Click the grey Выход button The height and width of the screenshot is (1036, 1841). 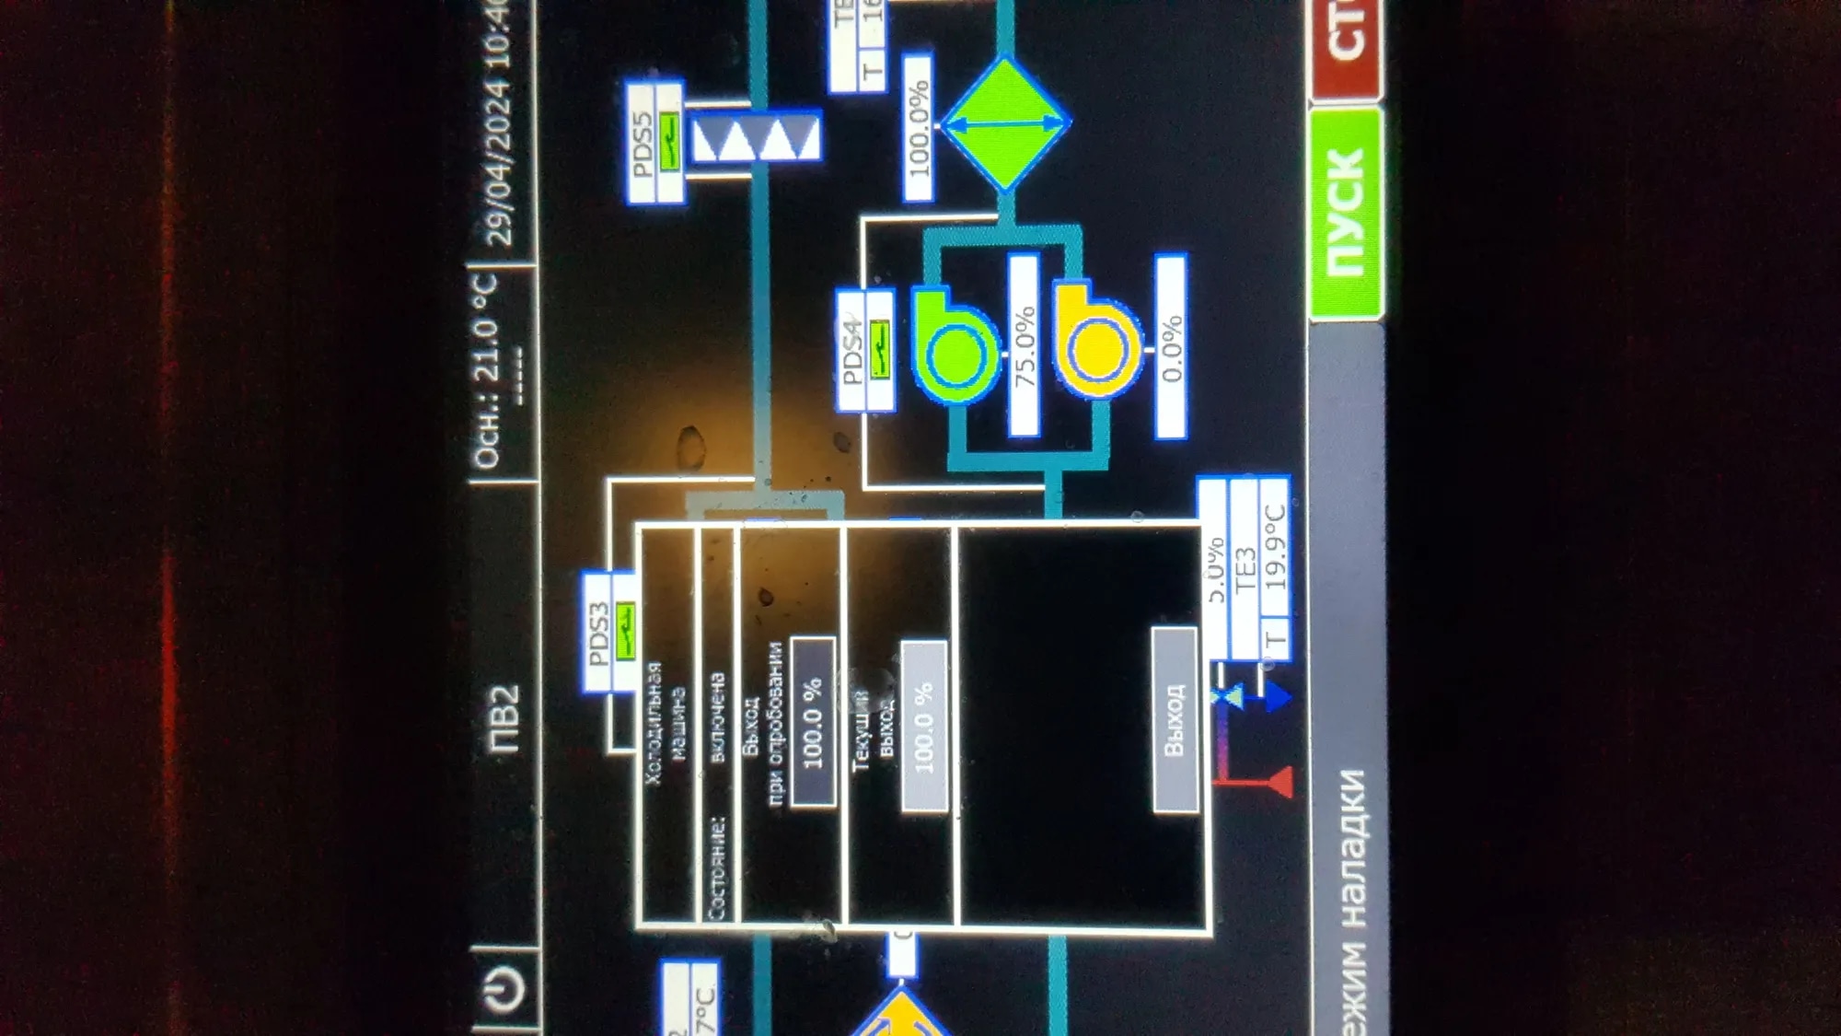coord(1175,719)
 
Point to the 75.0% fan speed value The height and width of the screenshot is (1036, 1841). coord(1025,344)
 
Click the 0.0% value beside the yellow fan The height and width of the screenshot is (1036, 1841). coord(1171,347)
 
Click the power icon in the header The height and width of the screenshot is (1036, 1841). coord(504,990)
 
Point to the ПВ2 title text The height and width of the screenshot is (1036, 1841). coord(504,719)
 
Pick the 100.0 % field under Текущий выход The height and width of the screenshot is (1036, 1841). coord(924,727)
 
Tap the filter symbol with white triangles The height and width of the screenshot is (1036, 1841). coord(756,138)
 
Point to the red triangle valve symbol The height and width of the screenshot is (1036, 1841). coord(1278,783)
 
